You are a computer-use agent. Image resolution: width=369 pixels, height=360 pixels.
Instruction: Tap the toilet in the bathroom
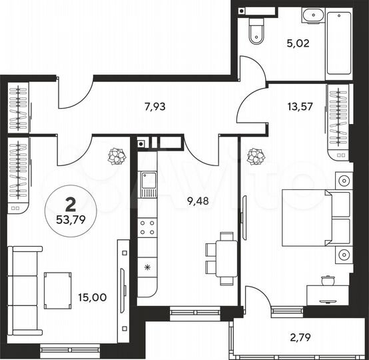256,31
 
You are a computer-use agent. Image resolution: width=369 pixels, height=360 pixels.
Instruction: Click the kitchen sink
147,183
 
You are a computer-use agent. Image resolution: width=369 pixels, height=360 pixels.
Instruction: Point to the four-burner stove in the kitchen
147,228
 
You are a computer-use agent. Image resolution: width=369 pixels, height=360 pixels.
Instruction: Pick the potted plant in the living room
117,157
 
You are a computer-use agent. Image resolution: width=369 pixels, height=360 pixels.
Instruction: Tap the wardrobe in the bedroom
338,123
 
